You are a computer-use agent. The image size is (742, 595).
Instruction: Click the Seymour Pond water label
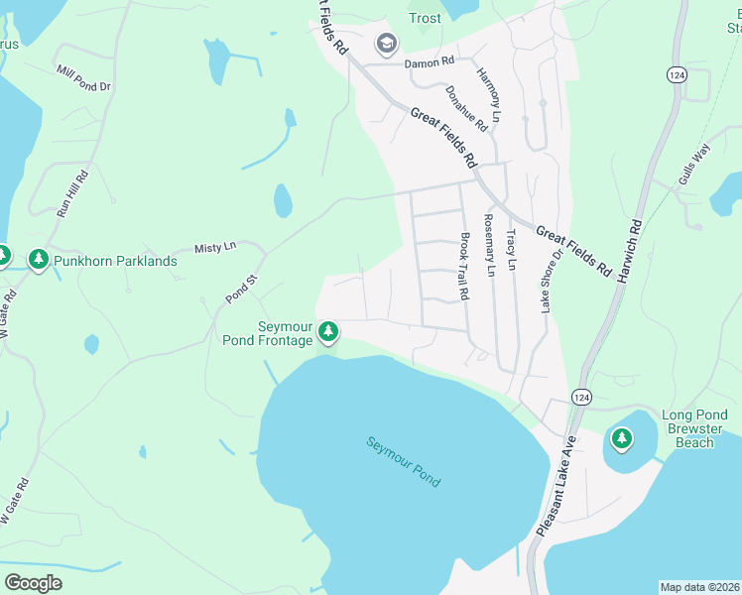403,461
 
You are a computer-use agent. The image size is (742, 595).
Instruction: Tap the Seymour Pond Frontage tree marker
328,332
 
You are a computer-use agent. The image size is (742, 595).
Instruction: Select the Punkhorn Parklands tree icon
39,260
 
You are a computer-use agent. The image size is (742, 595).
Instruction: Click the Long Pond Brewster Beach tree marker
621,437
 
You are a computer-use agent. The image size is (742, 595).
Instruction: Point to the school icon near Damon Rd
386,44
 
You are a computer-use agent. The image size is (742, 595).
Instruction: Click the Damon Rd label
428,63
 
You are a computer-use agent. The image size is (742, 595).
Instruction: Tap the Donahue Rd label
466,108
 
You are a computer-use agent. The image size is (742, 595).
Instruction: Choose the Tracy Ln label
511,250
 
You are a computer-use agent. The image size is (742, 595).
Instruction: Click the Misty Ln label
215,247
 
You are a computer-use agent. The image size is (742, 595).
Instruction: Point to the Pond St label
241,288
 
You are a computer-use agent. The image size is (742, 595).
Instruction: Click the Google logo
34,583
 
